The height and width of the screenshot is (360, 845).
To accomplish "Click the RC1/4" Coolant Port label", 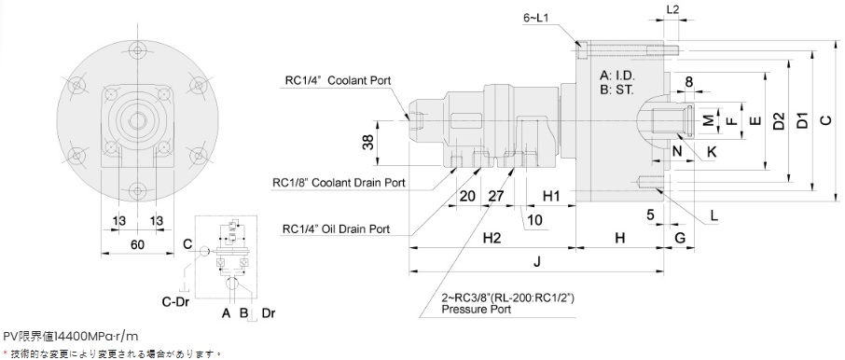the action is pyautogui.click(x=338, y=81).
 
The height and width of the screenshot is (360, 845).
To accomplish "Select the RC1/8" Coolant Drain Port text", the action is pyautogui.click(x=339, y=183).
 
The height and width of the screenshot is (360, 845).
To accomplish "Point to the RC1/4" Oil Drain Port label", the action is pyautogui.click(x=337, y=229).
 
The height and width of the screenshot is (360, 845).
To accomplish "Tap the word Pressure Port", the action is pyautogui.click(x=476, y=310).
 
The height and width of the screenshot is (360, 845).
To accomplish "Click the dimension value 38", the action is pyautogui.click(x=368, y=144).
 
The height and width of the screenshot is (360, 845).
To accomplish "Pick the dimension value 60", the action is pyautogui.click(x=137, y=244).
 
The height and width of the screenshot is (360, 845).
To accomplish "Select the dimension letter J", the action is pyautogui.click(x=535, y=262).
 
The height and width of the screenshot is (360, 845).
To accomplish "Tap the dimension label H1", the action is pyautogui.click(x=551, y=196).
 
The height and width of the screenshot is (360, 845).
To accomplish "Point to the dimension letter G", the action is pyautogui.click(x=680, y=238).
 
